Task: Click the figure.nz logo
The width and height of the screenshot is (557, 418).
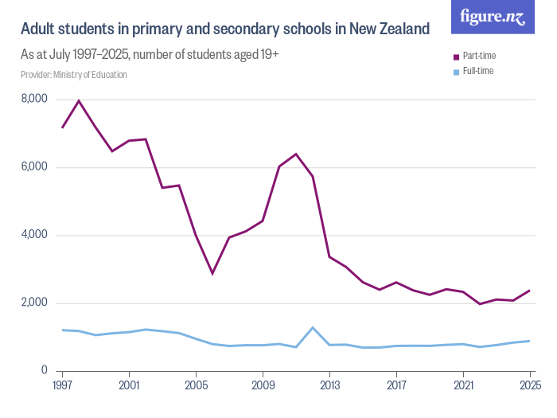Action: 493,18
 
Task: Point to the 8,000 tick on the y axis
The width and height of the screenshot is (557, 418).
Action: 34,100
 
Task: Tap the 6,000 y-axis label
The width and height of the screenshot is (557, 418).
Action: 34,167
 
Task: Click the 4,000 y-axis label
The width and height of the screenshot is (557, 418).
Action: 34,235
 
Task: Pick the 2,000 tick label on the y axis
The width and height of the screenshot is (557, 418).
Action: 34,303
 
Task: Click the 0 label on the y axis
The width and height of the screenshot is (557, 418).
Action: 45,371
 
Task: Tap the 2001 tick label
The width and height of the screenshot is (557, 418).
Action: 129,386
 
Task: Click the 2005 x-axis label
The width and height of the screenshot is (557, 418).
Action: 196,386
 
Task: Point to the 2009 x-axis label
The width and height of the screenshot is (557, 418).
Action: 263,386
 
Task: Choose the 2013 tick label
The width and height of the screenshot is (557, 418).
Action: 329,386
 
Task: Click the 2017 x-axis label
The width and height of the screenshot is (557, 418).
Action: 396,386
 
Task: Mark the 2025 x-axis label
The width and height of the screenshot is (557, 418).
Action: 528,386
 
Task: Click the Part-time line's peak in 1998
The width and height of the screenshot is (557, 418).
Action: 79,101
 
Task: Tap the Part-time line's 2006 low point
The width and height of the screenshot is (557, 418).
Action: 212,273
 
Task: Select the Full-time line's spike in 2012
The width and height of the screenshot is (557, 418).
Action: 313,327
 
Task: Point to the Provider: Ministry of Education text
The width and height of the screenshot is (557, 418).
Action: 74,75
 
